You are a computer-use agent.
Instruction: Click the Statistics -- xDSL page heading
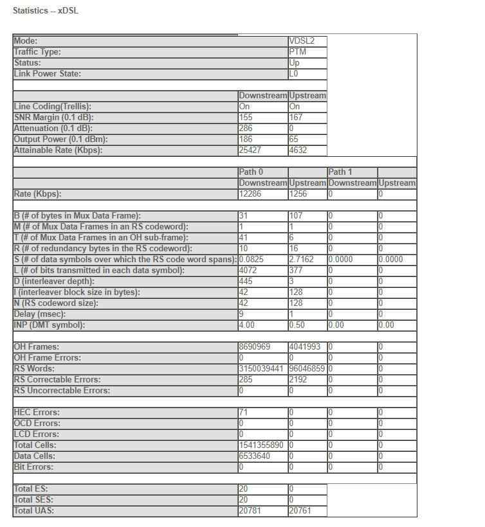[46, 12]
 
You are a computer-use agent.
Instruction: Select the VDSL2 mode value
[301, 41]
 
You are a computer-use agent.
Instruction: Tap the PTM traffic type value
[297, 52]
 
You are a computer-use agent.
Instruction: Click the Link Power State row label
[48, 74]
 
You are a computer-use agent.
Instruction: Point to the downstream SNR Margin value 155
[246, 118]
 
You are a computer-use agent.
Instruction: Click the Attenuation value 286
[246, 129]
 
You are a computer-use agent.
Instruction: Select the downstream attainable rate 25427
[250, 150]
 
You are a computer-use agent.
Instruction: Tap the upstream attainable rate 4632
[298, 150]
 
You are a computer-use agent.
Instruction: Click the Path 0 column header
[251, 172]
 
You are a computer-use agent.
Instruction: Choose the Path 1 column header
[340, 172]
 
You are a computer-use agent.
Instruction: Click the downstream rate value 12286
[250, 193]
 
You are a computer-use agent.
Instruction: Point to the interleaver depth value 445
[246, 281]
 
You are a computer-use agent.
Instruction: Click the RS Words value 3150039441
[262, 369]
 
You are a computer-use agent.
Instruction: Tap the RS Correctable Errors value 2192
[298, 380]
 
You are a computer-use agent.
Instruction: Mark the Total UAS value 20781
[250, 511]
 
